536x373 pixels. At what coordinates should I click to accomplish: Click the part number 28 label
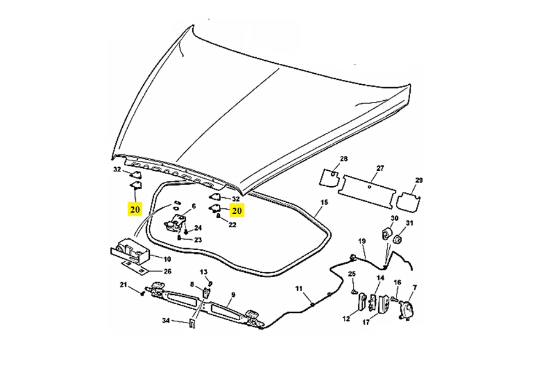click(344, 159)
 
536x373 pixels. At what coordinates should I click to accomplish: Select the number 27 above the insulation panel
click(380, 168)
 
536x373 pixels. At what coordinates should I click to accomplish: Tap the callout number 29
click(419, 180)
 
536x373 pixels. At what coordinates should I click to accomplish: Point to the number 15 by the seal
click(324, 203)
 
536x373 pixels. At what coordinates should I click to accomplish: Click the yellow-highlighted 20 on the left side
click(135, 209)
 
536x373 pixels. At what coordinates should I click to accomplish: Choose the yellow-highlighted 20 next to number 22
click(237, 210)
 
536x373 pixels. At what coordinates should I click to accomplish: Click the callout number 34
click(166, 320)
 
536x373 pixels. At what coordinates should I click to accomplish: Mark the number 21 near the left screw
click(123, 285)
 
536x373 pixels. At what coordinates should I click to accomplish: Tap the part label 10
click(167, 259)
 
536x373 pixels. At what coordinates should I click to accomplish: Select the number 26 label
click(167, 271)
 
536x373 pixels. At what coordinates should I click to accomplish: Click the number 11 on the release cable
click(299, 288)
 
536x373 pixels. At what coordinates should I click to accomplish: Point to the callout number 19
click(362, 241)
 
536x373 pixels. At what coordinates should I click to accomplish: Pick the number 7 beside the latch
click(414, 288)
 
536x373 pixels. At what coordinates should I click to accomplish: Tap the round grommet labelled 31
click(398, 238)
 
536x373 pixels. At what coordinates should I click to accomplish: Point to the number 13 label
click(204, 272)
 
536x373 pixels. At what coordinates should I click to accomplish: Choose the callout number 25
click(352, 273)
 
